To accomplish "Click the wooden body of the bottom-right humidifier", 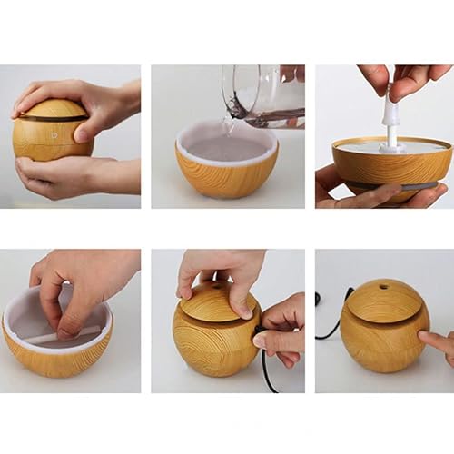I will click(x=381, y=345).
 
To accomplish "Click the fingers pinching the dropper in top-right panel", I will click(x=395, y=77).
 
